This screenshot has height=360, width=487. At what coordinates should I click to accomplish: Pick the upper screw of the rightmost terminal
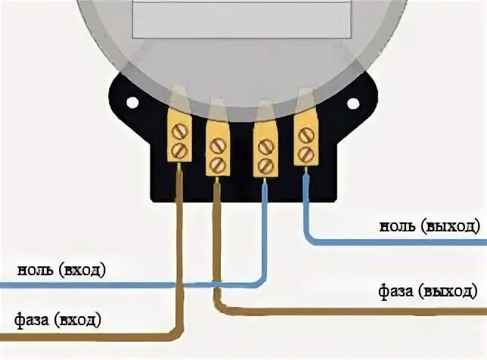click(x=305, y=136)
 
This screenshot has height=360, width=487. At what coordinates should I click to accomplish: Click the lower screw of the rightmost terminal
click(x=305, y=154)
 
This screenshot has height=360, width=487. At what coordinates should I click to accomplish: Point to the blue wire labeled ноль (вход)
click(x=113, y=286)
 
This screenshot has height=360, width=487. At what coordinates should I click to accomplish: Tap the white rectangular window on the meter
click(x=241, y=18)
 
